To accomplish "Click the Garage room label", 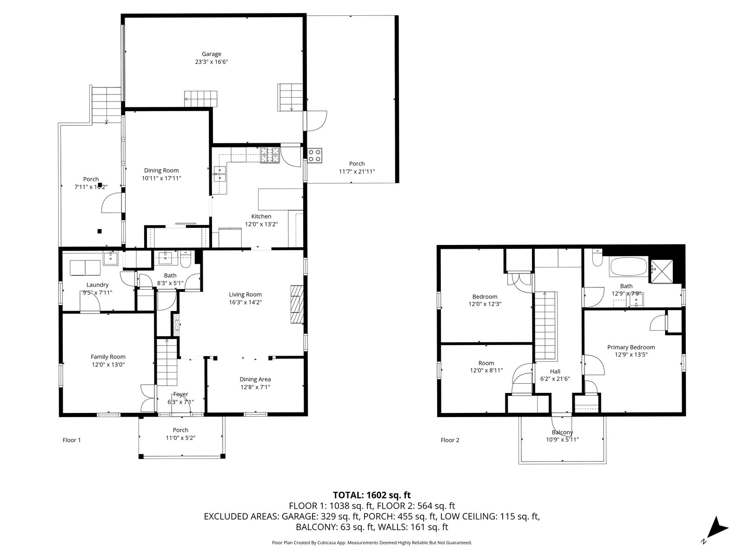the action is [211, 54].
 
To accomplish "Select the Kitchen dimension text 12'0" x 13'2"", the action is [261, 224].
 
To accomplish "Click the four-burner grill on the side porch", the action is [314, 155].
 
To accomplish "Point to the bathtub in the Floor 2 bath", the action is [628, 266].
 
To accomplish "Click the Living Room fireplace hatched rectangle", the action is [297, 304].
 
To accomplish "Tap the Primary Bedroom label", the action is [631, 347].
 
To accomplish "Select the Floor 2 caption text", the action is [450, 440].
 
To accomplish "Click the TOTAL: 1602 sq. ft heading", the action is [372, 495].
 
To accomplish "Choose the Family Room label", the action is [108, 357].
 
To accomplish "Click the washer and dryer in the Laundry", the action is [85, 268].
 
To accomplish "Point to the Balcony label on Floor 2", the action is [562, 432].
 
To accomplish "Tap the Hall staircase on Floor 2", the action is [546, 325].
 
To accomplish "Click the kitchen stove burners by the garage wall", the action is [270, 155].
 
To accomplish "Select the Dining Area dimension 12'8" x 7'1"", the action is [255, 387].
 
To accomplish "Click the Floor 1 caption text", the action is [72, 440].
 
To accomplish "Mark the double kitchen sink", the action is [219, 174].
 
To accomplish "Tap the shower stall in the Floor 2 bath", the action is [660, 270].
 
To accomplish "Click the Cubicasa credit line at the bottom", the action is [372, 543].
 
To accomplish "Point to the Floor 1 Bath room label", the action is [170, 276].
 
